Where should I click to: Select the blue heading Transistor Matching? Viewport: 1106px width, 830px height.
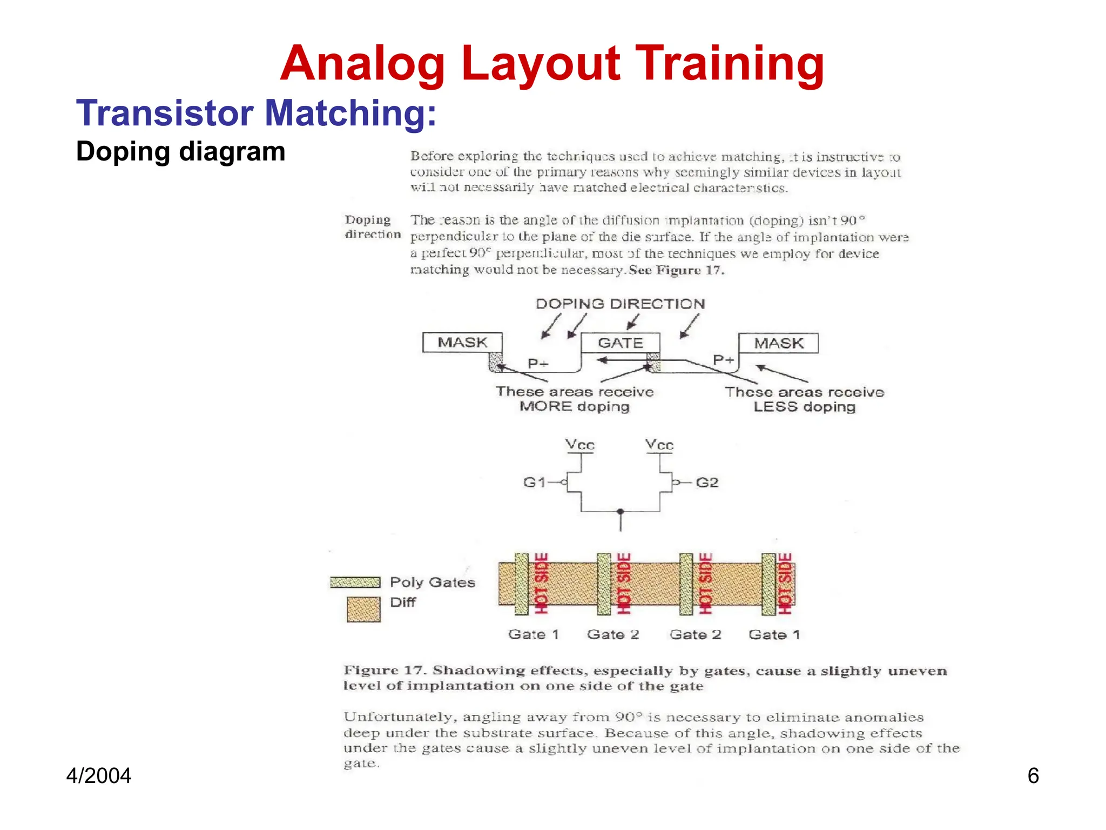[x=256, y=113]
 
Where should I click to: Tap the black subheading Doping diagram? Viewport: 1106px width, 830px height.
[x=180, y=152]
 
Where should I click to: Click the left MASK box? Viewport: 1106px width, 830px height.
[x=462, y=343]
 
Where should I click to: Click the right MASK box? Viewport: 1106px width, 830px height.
[x=778, y=343]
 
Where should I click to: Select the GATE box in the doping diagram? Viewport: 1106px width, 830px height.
[x=620, y=343]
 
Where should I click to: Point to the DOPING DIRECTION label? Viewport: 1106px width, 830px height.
[x=620, y=304]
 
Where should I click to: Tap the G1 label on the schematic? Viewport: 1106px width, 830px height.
[x=534, y=482]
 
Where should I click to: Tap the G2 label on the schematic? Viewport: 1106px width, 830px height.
[x=707, y=482]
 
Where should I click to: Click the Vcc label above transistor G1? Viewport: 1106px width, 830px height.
[x=580, y=445]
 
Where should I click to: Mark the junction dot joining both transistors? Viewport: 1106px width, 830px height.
[x=621, y=511]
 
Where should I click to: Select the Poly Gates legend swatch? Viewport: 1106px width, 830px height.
[x=355, y=582]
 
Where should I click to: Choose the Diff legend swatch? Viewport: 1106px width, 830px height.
[x=363, y=609]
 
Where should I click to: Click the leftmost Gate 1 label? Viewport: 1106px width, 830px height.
[x=533, y=634]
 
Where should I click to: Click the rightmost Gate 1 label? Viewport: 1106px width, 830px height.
[x=774, y=634]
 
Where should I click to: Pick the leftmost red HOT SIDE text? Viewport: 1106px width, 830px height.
[x=541, y=584]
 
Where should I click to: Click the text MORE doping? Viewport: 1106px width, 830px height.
[x=575, y=406]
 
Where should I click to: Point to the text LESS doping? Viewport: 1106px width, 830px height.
[x=804, y=407]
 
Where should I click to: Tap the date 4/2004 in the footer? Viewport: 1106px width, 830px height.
[x=99, y=776]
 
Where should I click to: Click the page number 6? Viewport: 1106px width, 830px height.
[x=1033, y=776]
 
